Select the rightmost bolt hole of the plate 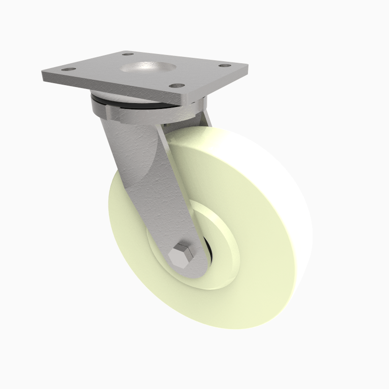click(x=225, y=65)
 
